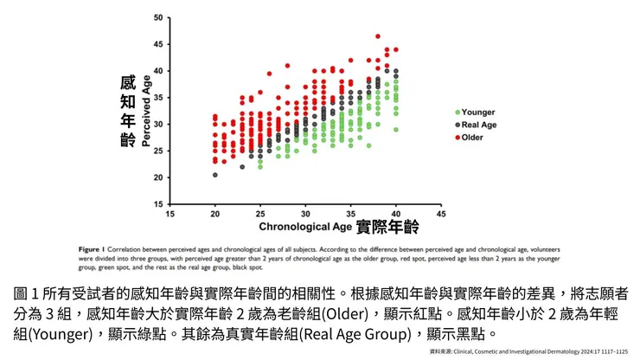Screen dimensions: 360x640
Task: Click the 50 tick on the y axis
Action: coord(158,18)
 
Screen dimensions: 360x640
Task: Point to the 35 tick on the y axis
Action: coord(158,98)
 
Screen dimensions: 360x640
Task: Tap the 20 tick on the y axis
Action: coord(158,177)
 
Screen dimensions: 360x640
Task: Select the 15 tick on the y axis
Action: coord(158,204)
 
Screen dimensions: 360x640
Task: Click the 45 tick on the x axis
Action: coord(441,213)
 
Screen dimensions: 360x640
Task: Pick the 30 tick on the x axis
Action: coord(305,213)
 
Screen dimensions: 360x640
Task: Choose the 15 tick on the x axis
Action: coord(170,213)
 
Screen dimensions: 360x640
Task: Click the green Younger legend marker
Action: coord(457,112)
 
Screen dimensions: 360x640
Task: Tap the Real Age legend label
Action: coord(479,125)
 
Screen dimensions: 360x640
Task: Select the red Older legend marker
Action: coord(457,138)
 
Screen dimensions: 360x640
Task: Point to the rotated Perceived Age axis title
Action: coord(146,111)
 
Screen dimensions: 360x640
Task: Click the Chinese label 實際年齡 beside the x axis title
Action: coord(387,228)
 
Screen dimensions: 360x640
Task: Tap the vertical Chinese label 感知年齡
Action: coord(128,111)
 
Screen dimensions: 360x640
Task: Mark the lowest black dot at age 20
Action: coord(215,175)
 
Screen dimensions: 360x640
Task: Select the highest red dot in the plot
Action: coord(378,36)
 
